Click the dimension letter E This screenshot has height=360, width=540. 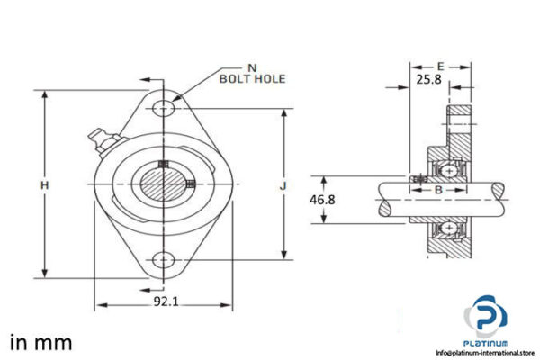point(440,67)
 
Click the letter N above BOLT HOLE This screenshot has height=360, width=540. point(251,67)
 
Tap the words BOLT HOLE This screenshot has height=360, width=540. point(252,79)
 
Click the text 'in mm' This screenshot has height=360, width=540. point(40,343)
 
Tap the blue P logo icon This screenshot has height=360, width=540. point(486,318)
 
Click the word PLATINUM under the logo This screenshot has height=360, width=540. point(486,343)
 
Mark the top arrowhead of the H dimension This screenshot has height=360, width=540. point(43,94)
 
